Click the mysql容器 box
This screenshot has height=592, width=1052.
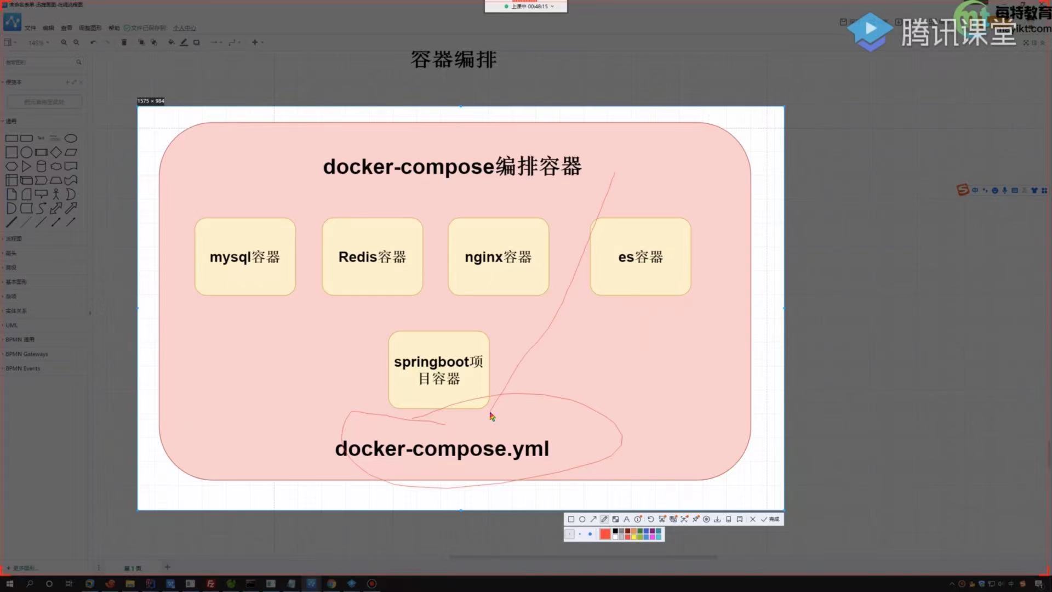tap(245, 257)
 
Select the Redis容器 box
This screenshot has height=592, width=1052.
tap(372, 257)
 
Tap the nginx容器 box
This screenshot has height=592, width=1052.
tap(498, 257)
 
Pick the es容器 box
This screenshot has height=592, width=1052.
tap(640, 257)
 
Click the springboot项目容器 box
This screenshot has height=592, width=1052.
tap(438, 369)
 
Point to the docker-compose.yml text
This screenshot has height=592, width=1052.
tap(442, 449)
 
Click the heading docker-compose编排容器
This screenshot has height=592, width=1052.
tap(452, 167)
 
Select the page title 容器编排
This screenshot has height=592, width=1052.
tap(454, 60)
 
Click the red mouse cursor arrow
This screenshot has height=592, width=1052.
tap(492, 417)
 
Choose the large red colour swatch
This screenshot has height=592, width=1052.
tap(605, 534)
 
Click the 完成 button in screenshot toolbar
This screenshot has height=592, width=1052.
tap(770, 519)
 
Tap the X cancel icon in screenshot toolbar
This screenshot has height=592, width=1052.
tap(752, 519)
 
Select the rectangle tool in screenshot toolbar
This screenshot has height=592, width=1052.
tap(571, 519)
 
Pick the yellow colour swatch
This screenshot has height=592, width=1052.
tap(634, 537)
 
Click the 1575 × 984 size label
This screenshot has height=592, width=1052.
tap(151, 101)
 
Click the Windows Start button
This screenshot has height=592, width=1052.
tap(9, 584)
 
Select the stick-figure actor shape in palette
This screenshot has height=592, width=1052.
tap(56, 194)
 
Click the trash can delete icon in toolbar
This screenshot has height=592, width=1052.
tap(124, 42)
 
